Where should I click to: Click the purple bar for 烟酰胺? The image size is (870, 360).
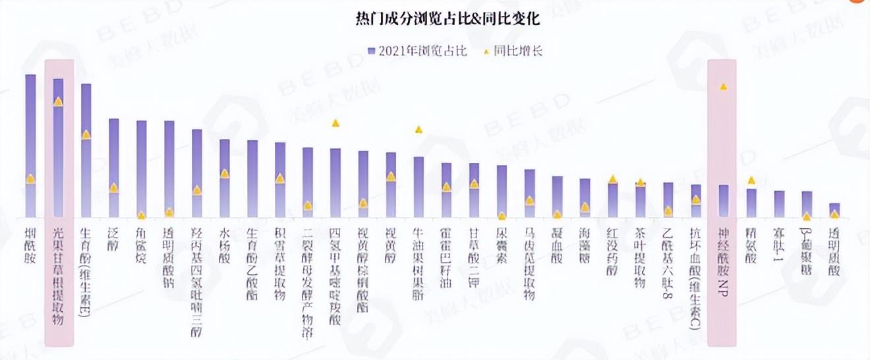click(x=30, y=145)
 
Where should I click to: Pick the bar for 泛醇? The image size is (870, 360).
click(x=113, y=168)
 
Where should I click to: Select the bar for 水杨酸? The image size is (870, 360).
click(x=224, y=178)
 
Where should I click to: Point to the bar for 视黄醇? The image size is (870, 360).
click(x=391, y=185)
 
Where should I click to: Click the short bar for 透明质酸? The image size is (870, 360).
click(x=834, y=210)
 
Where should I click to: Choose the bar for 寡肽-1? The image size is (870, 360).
click(x=779, y=204)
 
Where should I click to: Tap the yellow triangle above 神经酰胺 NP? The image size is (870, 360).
click(x=724, y=86)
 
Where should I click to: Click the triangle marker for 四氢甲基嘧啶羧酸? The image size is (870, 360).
click(x=335, y=123)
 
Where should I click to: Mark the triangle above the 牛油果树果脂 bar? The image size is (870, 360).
click(x=419, y=129)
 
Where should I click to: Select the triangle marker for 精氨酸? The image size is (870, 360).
click(x=751, y=180)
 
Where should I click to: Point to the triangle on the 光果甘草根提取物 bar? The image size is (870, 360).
click(x=58, y=102)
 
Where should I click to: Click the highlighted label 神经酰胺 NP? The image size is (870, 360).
click(x=723, y=261)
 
